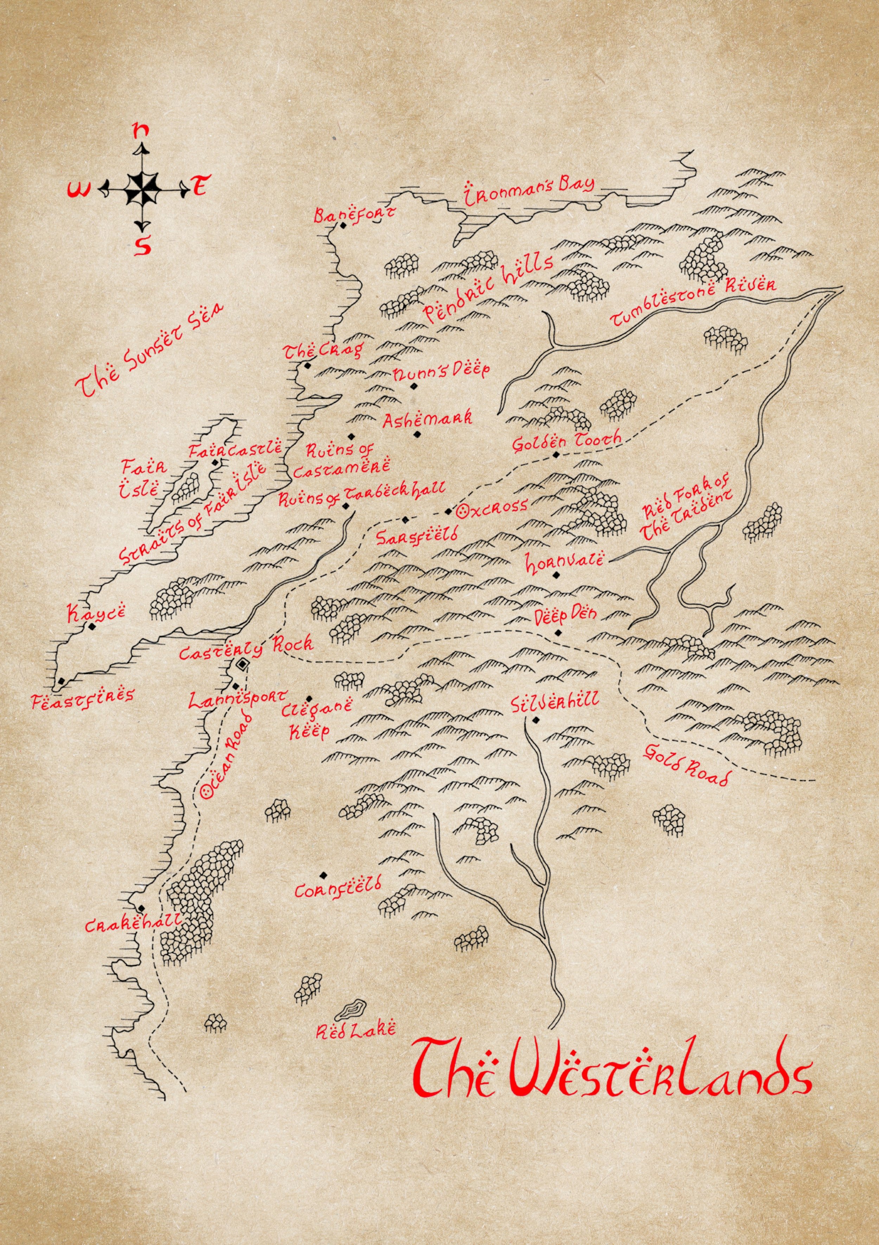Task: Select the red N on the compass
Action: pyautogui.click(x=142, y=130)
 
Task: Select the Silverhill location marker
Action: pyautogui.click(x=536, y=720)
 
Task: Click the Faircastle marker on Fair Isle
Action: pyautogui.click(x=215, y=463)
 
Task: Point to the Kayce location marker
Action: pyautogui.click(x=92, y=626)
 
